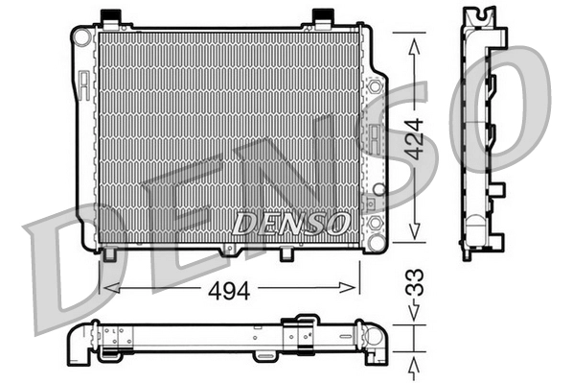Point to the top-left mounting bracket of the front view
coord(109,17)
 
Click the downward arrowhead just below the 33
coord(414,313)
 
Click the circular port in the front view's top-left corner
coord(83,36)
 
